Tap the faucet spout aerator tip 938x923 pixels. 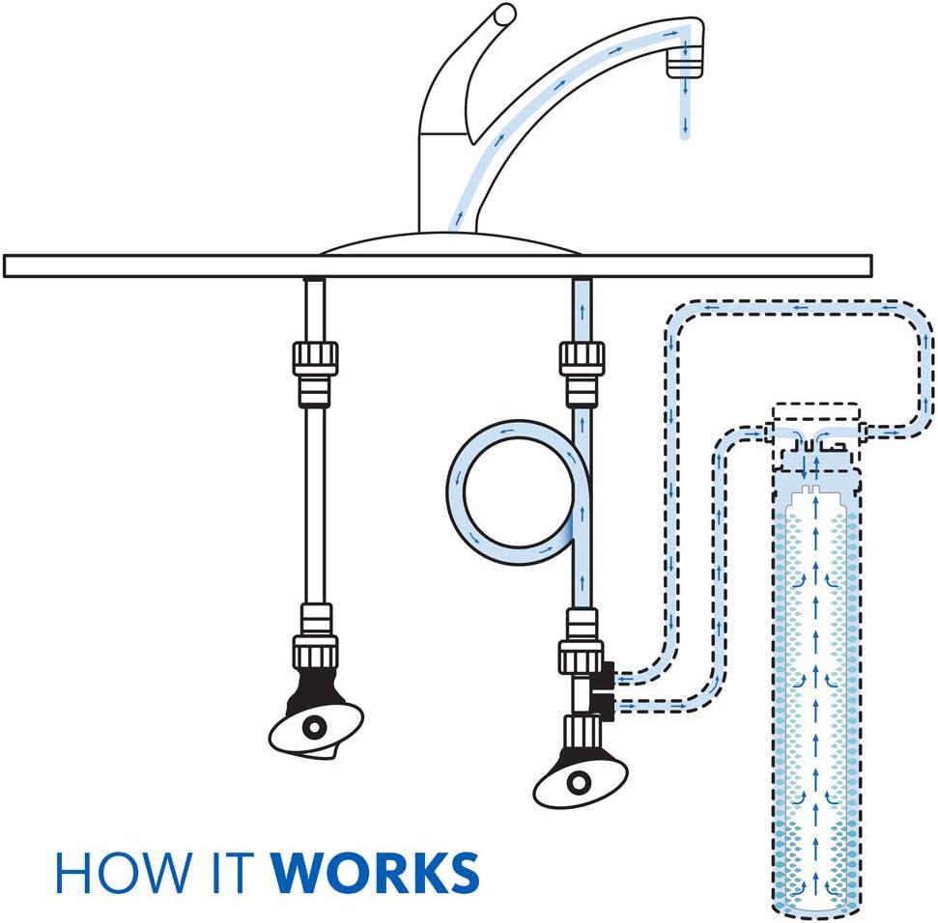tap(684, 65)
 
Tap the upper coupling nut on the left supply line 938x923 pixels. tap(315, 358)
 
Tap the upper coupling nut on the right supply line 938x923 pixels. tap(582, 358)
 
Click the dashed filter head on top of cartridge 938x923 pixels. tap(814, 425)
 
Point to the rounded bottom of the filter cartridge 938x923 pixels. tap(813, 903)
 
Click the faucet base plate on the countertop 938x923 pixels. tap(449, 243)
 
